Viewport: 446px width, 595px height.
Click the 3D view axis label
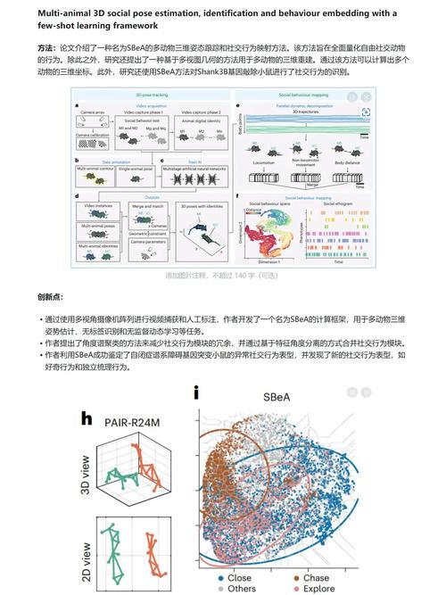pos(86,474)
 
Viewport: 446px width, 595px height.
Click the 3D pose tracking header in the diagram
pos(153,93)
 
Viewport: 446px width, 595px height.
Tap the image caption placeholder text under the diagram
pos(223,276)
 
